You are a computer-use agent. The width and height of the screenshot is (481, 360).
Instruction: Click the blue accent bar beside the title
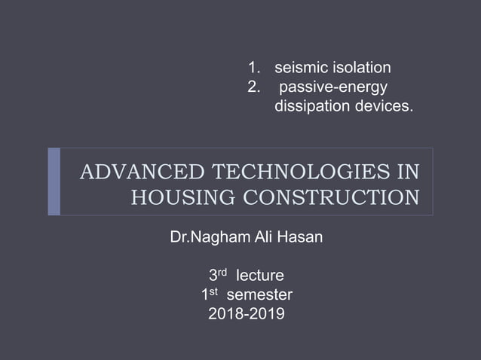point(54,182)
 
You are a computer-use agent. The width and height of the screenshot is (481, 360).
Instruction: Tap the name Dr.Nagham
point(206,241)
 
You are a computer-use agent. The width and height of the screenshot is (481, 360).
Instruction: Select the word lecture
point(260,276)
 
